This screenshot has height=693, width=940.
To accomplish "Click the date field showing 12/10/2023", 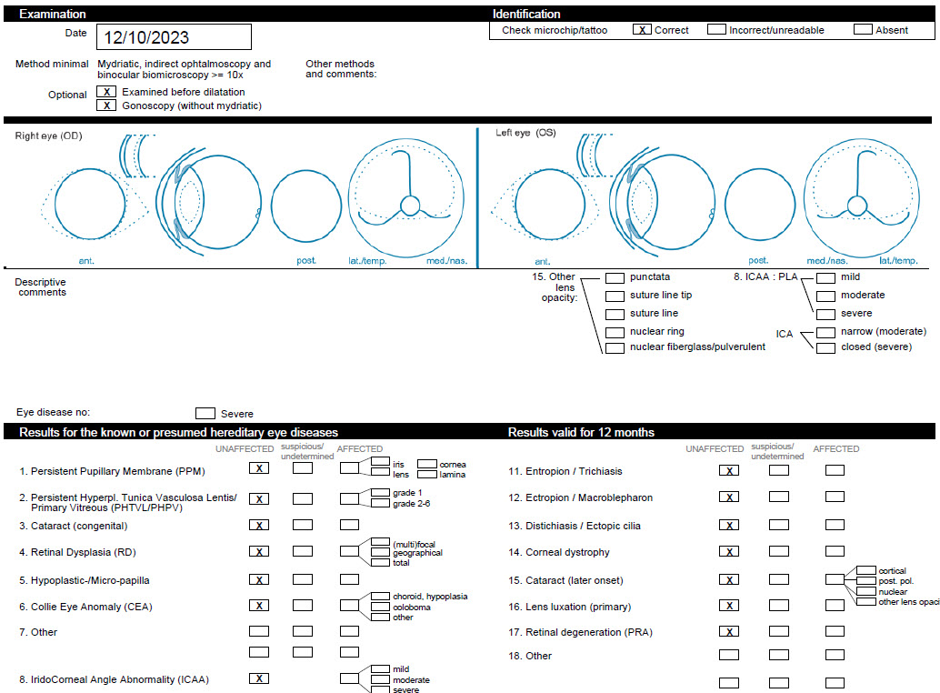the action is tap(174, 37).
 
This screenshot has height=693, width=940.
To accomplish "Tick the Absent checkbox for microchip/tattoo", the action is tap(863, 29).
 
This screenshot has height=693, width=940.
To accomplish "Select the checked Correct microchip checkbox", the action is tap(642, 29).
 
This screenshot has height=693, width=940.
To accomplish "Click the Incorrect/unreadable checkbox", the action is tap(716, 29).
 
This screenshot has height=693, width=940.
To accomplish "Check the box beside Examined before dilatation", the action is tap(106, 92).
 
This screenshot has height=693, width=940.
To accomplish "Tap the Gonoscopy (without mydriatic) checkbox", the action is tap(106, 105).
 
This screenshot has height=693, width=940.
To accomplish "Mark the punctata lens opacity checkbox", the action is tap(615, 277).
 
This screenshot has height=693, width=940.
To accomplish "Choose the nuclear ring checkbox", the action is tap(615, 332).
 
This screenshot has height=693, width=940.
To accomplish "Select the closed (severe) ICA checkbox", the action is tap(825, 347).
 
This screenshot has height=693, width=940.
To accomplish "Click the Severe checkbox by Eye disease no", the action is tap(205, 413).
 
